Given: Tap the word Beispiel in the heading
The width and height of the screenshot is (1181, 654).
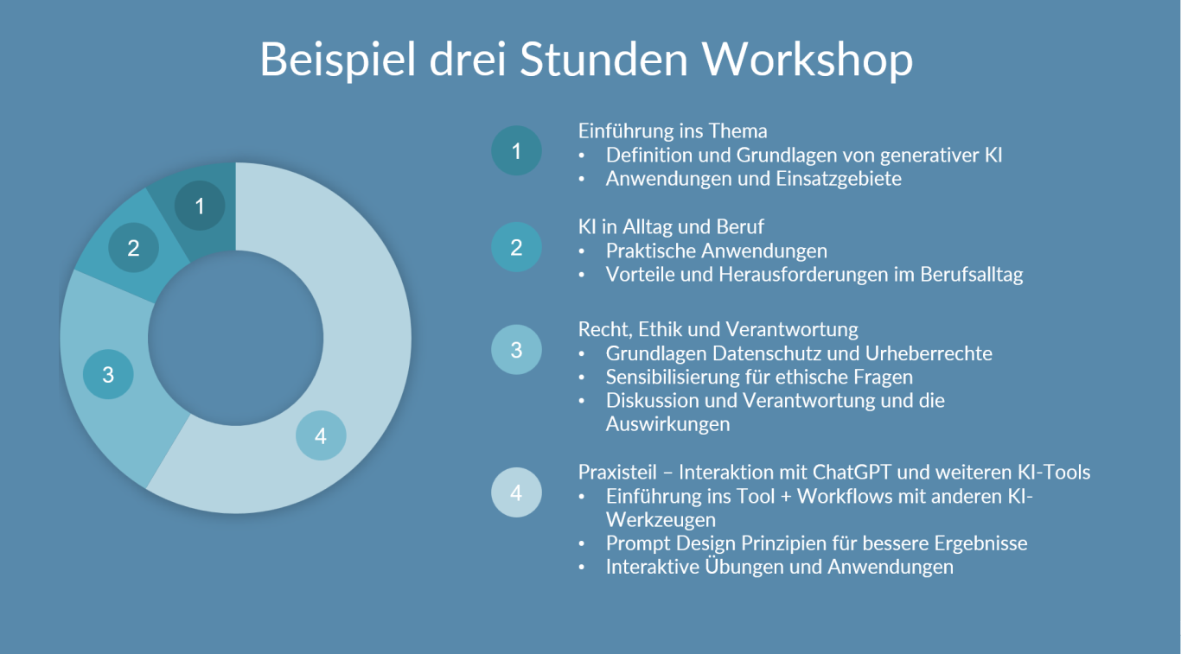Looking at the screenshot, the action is coord(338,60).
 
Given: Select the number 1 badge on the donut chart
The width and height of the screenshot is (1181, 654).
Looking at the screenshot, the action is coord(200,206).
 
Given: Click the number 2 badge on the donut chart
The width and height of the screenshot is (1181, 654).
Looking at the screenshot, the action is coord(133,248).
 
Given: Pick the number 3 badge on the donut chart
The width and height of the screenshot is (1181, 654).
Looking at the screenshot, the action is coord(108,374).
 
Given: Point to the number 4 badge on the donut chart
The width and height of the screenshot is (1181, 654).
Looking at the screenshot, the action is coord(321,435).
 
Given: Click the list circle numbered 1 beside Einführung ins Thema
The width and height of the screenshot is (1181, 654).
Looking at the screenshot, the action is coord(516,150).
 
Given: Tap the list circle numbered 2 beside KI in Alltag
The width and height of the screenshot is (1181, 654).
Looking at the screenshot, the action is coord(516,247).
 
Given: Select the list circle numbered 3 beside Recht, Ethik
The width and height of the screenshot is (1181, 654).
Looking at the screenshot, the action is coord(516,349).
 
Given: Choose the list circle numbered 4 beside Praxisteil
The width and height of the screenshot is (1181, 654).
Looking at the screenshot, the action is coord(516,492).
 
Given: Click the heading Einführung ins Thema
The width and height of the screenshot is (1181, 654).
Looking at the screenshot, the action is coord(673,130).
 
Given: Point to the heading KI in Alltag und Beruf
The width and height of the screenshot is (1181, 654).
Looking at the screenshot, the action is coord(671,227).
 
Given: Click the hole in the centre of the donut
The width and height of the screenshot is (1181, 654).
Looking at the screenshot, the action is coord(235,338).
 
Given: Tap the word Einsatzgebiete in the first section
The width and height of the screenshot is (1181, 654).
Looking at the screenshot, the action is coord(839,179).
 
